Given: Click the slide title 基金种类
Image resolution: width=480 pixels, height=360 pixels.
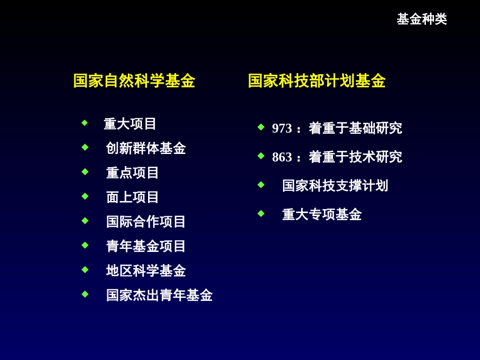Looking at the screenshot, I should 421,19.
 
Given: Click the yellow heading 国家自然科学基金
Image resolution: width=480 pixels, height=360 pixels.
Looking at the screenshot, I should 134,81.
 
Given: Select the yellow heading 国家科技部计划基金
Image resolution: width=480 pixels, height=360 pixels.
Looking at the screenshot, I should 316,81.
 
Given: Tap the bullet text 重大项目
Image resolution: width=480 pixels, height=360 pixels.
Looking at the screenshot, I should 130,124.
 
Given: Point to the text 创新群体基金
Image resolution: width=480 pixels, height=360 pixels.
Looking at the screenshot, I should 146,148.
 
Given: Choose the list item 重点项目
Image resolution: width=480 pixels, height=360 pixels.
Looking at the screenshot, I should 132,173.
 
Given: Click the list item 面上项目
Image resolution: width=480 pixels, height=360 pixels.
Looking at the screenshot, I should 132,197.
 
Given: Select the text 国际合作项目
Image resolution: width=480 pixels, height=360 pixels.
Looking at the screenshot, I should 146,222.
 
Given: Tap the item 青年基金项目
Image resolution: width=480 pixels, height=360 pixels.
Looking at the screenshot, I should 146,246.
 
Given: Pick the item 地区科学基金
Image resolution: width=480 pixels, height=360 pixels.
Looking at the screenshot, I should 146,271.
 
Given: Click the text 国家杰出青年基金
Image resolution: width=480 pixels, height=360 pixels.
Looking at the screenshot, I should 159,295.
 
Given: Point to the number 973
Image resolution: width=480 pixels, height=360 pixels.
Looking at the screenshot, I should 282,129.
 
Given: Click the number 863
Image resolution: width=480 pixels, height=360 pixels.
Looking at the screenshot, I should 282,158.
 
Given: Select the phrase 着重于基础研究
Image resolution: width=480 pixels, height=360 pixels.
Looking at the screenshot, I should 355,128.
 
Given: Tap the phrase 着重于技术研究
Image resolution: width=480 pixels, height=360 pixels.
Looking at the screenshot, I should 355,157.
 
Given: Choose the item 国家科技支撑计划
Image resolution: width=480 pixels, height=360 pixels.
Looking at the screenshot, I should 335,186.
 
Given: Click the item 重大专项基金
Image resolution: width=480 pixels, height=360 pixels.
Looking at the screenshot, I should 322,215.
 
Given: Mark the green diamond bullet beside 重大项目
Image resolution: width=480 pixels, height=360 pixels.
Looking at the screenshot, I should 85,123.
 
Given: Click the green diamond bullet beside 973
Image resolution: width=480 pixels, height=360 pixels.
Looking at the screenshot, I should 261,127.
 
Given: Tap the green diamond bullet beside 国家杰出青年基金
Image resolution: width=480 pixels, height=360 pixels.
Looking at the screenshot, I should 85,294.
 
